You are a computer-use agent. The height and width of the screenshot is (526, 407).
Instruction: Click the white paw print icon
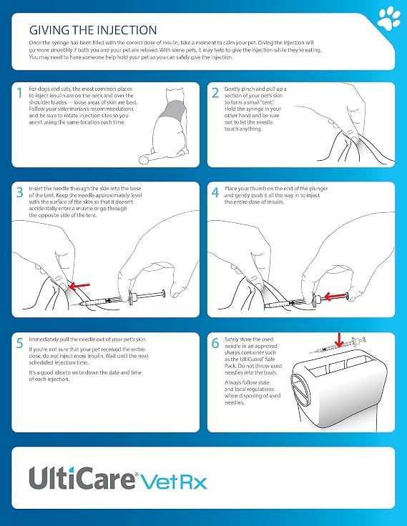pyautogui.click(x=389, y=19)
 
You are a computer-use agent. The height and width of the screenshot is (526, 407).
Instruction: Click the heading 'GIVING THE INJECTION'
pyautogui.click(x=93, y=30)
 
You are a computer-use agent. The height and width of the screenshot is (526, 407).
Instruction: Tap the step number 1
pyautogui.click(x=20, y=93)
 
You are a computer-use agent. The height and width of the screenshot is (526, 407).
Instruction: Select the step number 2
pyautogui.click(x=215, y=93)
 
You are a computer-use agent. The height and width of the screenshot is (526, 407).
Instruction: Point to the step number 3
pyautogui.click(x=20, y=192)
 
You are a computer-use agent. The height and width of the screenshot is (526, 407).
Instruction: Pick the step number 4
pyautogui.click(x=215, y=192)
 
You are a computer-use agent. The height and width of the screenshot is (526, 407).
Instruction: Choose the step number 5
pyautogui.click(x=20, y=343)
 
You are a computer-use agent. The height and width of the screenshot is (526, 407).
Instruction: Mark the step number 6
pyautogui.click(x=215, y=343)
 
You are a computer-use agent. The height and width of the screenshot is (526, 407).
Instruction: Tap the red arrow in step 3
pyautogui.click(x=79, y=286)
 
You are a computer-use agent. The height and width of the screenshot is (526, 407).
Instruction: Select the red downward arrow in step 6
pyautogui.click(x=339, y=340)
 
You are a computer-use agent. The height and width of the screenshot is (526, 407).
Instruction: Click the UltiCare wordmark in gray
pyautogui.click(x=82, y=477)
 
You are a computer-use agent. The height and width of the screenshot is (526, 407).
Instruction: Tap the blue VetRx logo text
pyautogui.click(x=173, y=482)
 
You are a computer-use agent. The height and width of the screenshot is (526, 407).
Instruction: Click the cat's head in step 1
pyautogui.click(x=175, y=94)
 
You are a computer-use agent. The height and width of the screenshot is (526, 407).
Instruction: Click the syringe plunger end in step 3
pyautogui.click(x=164, y=293)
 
